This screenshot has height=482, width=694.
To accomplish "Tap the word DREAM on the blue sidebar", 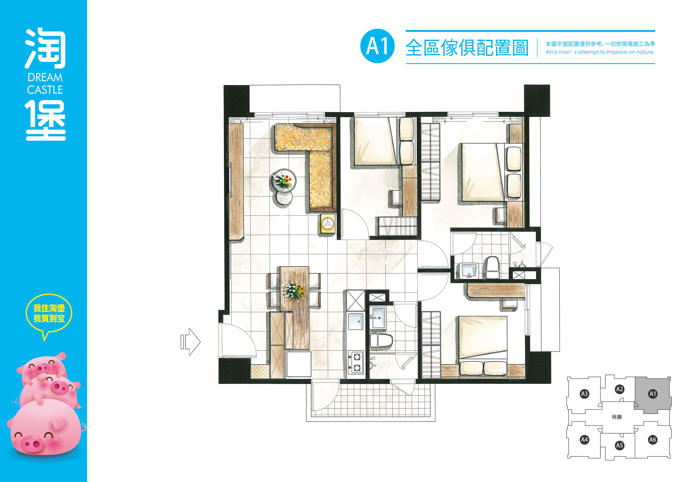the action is pos(45,78).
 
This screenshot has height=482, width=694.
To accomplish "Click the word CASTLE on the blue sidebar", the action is pos(45,90).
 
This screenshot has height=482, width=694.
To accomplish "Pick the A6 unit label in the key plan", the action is pos(653,439).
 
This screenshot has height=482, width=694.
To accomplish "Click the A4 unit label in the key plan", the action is pos(584,439).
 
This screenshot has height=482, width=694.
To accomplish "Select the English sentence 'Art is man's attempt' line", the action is pos(600,52).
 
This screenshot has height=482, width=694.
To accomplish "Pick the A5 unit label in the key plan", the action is pos(619,445).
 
